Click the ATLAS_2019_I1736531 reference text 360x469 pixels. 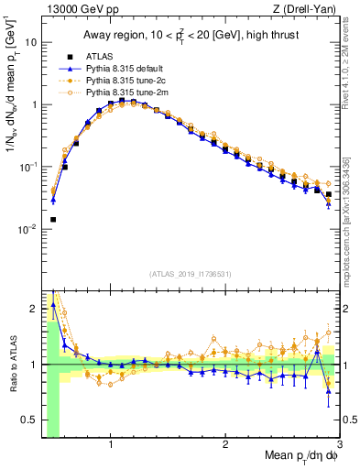coord(191,274)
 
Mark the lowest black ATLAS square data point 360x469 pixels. coord(53,220)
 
